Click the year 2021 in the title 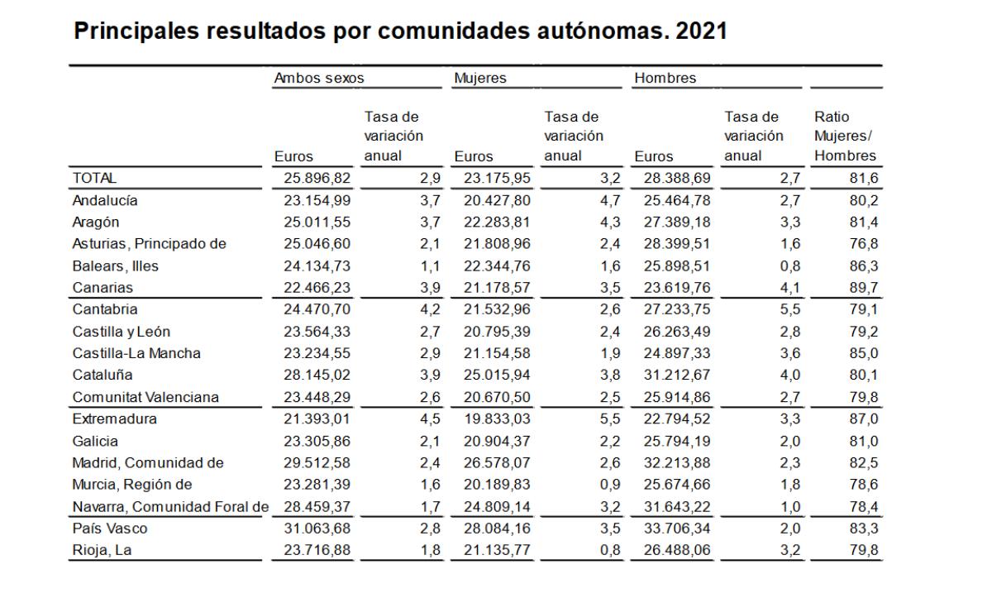tap(701, 31)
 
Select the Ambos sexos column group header tap(319, 78)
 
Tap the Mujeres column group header tap(480, 78)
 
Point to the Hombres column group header tap(665, 78)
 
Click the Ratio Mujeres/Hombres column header tap(845, 136)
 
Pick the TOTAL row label tap(94, 178)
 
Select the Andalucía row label tap(105, 200)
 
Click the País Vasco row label tap(110, 528)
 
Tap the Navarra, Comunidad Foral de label tap(170, 506)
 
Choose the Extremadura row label tap(115, 419)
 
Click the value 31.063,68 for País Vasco tap(317, 528)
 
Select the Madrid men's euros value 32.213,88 tap(677, 462)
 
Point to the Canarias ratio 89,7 tap(864, 288)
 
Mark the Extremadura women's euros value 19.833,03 tap(497, 419)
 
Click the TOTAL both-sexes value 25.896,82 tap(317, 178)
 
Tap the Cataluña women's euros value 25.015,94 tap(497, 375)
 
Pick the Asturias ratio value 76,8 tap(864, 244)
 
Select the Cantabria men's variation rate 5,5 tap(790, 309)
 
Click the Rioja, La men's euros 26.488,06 tap(677, 550)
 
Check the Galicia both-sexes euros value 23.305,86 tap(317, 441)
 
